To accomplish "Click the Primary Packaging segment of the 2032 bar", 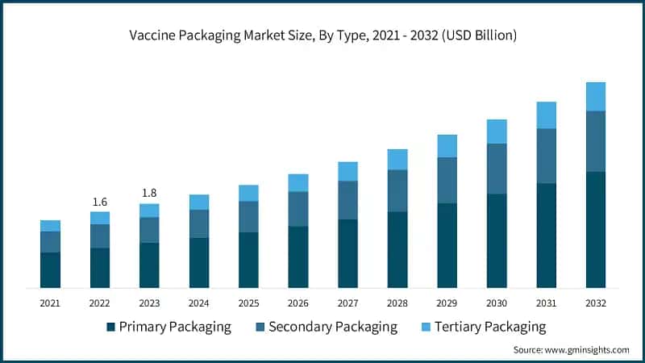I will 596,230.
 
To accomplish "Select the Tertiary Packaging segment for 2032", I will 596,96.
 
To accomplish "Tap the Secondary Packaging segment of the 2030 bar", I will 497,169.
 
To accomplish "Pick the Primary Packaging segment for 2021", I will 50,270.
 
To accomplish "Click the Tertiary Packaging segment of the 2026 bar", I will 298,182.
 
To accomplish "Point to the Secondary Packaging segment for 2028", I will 397,190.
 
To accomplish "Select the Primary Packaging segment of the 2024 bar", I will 199,263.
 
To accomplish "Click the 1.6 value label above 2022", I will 100,202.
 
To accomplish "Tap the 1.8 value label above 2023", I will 149,193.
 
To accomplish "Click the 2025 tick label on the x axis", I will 248,303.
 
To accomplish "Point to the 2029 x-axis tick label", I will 447,303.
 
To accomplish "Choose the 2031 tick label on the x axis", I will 547,303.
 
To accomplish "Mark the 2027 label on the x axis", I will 347,303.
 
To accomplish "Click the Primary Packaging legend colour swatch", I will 110,328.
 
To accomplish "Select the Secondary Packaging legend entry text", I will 333,327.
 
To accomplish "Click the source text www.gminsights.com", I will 589,350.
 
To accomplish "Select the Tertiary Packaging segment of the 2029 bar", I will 447,145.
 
